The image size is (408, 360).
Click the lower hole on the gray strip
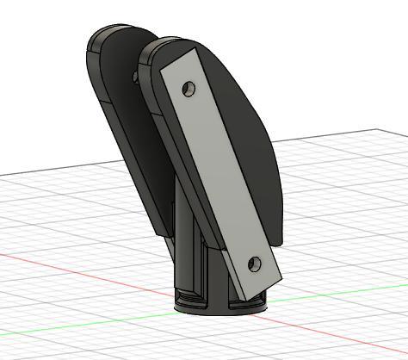tap(253, 263)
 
